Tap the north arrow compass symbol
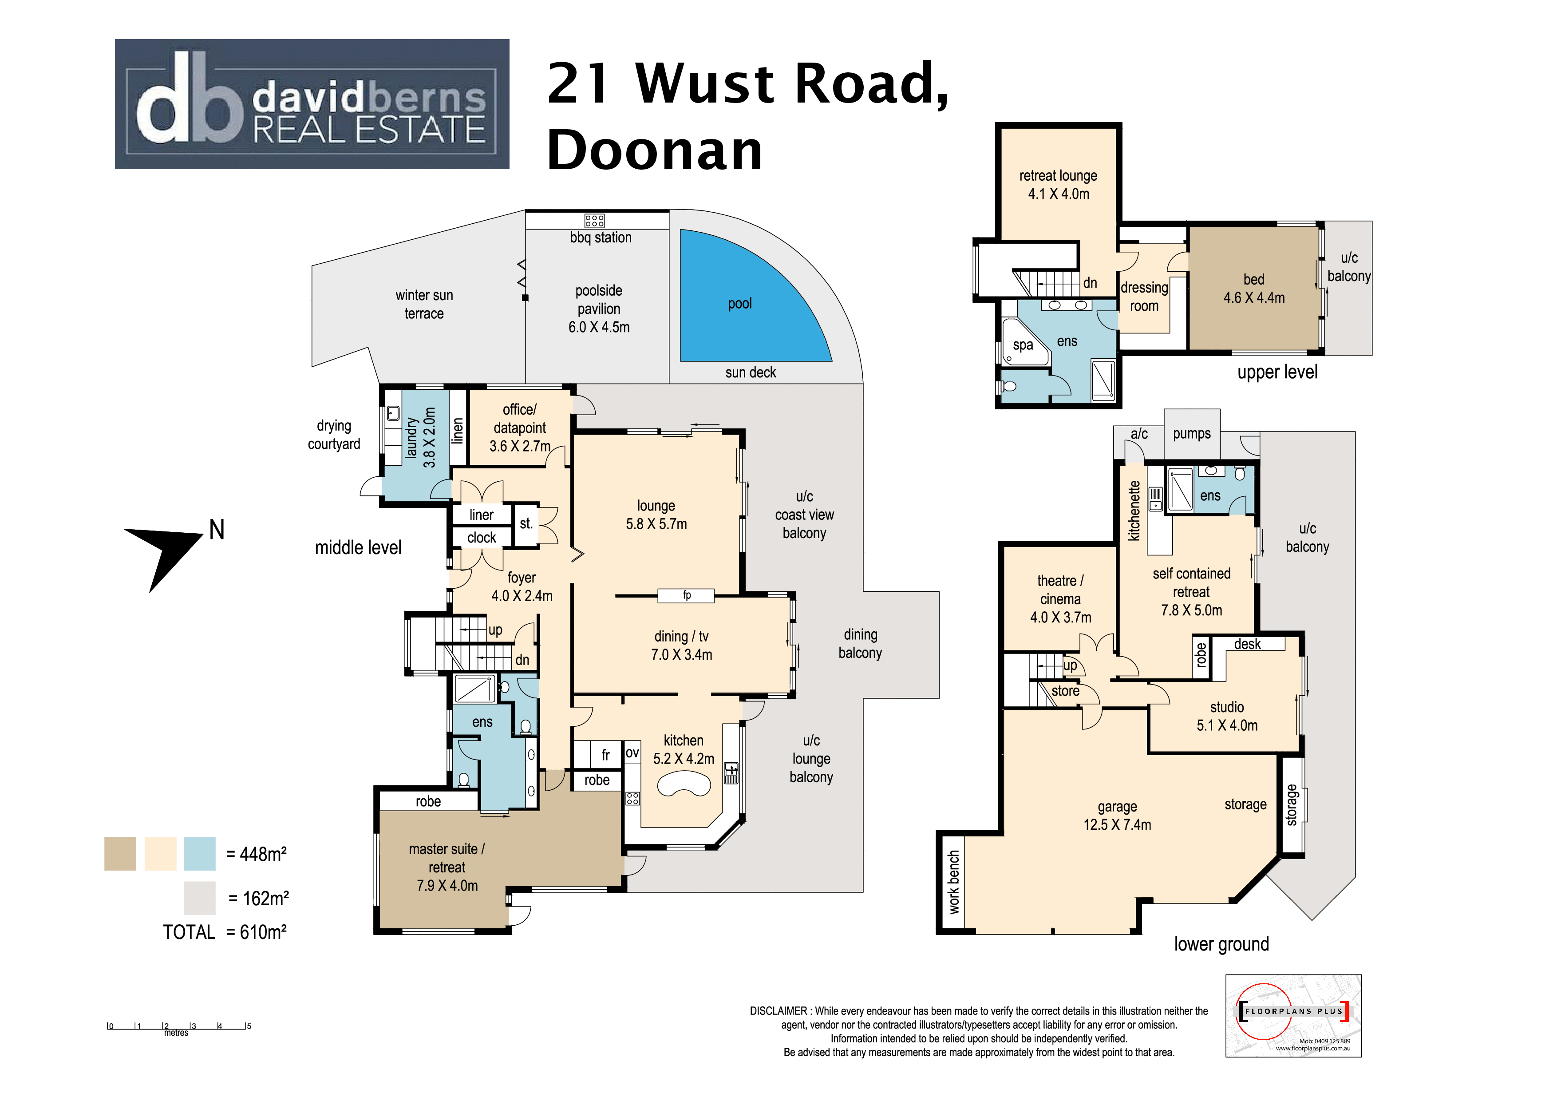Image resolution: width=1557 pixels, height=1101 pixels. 166,553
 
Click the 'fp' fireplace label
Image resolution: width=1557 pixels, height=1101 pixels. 686,596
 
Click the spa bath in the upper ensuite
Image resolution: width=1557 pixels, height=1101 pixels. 1024,343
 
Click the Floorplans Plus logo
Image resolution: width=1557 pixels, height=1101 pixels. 1293,1015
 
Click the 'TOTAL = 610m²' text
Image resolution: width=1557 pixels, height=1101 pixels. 225,932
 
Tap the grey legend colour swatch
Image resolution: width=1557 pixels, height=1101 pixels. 199,898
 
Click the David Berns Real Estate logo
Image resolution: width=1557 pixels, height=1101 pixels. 312,104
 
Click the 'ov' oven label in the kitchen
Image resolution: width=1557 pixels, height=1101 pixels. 632,752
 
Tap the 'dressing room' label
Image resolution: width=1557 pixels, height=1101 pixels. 1144,297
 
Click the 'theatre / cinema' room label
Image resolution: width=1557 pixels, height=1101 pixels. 1061,599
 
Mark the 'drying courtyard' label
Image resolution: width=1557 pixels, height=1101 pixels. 334,435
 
